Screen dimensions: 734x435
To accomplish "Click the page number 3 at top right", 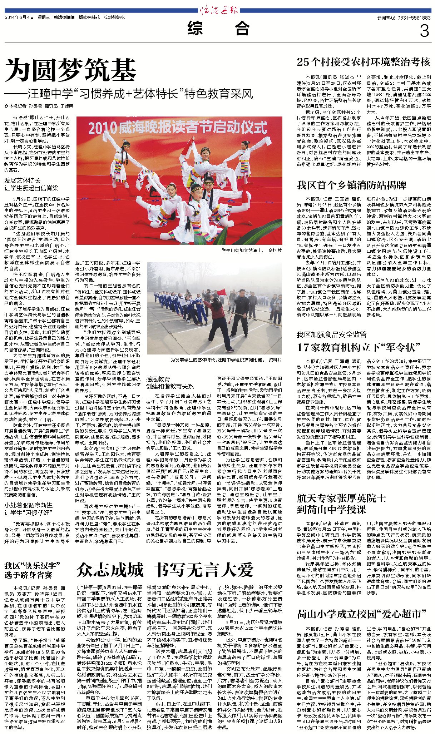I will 424,31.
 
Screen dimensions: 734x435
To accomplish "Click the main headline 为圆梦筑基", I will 70,70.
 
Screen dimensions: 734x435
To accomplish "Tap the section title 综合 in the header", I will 218,29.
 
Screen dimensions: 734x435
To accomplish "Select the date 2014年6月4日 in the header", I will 19,17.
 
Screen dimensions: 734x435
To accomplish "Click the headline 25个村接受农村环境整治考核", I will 364,62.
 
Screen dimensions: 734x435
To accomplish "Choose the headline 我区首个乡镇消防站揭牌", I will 351,185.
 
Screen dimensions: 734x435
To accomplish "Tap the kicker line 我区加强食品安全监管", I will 331,334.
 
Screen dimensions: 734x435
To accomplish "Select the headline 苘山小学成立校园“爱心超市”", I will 361,614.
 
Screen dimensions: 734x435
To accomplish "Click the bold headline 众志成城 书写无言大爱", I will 165,570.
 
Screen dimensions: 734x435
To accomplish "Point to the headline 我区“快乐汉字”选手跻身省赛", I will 32,570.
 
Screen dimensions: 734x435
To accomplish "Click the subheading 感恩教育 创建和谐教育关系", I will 170,382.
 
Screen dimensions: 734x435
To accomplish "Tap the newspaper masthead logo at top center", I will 219,10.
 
